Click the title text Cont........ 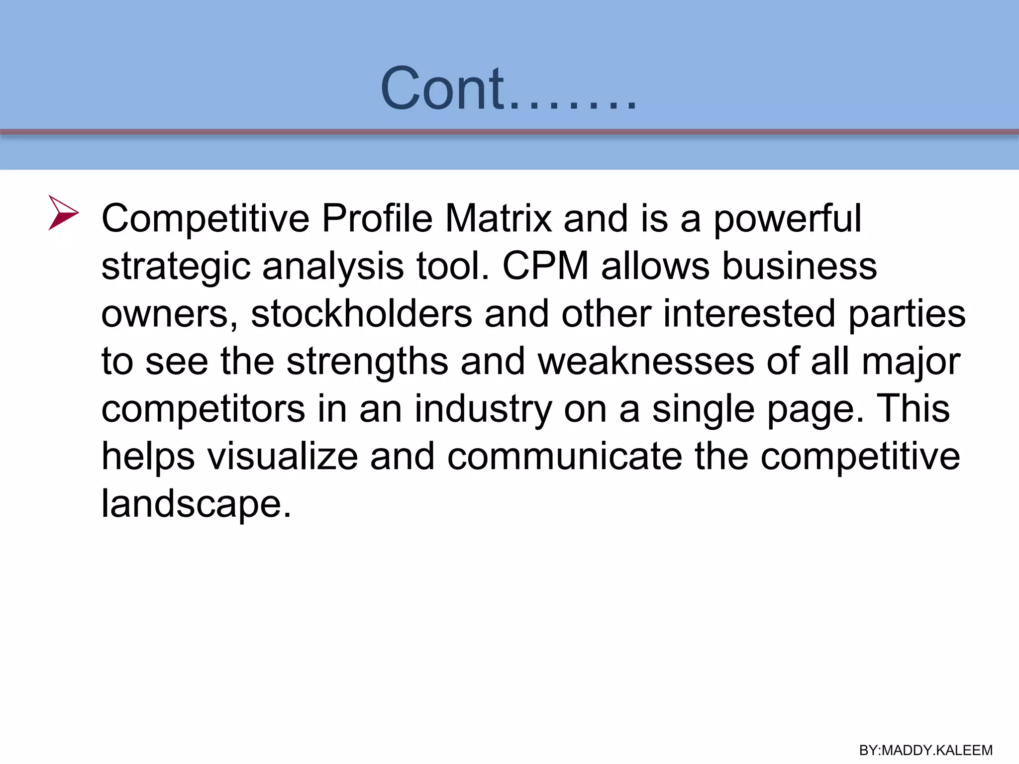click(508, 89)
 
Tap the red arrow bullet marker click(63, 213)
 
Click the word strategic click(176, 267)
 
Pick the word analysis click(333, 267)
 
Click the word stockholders click(361, 313)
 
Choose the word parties click(907, 314)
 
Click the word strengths click(367, 362)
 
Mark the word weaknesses click(646, 361)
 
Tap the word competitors click(203, 409)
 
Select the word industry click(483, 409)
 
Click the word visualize click(282, 457)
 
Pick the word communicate click(564, 457)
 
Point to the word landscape click(196, 504)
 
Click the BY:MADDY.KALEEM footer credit click(926, 750)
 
